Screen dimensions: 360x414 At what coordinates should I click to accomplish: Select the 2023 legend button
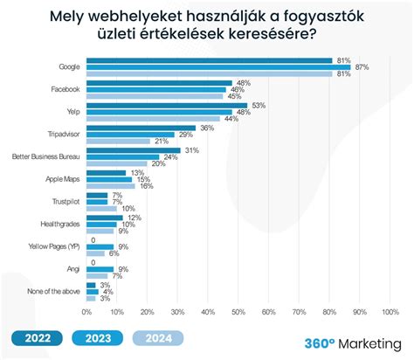coord(99,339)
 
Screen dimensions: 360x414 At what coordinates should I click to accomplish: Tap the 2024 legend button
coord(160,339)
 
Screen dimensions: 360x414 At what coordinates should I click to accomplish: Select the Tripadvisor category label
coord(59,135)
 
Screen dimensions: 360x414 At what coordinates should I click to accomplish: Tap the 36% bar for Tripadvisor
coord(140,128)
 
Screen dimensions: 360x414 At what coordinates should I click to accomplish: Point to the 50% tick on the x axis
coord(238,311)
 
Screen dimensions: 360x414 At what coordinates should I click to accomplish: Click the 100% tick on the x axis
coord(390,311)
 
